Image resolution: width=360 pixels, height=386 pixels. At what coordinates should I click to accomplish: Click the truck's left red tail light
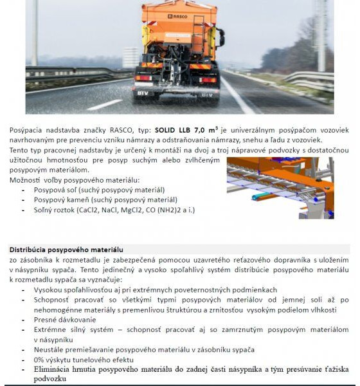pyautogui.click(x=143, y=78)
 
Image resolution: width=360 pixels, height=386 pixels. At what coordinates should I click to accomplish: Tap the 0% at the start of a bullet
pyautogui.click(x=40, y=359)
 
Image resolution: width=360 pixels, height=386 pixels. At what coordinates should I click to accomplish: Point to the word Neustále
pyautogui.click(x=51, y=349)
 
